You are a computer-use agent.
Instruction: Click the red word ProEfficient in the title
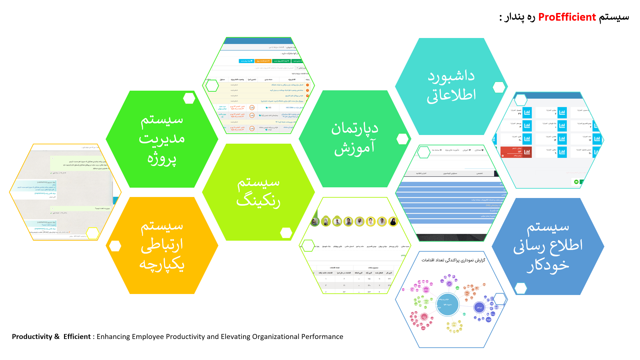tap(567, 17)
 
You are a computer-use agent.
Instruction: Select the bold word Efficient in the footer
tap(77, 337)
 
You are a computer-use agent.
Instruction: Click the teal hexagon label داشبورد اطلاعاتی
tap(451, 86)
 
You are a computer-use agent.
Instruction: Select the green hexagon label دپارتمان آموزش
tap(354, 138)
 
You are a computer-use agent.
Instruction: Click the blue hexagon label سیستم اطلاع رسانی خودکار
tap(548, 246)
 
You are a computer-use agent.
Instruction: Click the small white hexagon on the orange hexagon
tap(115, 246)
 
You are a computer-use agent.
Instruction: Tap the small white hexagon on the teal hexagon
tap(499, 87)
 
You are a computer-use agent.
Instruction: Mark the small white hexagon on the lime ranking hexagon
tap(286, 233)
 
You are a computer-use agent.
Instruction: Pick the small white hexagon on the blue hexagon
tap(521, 288)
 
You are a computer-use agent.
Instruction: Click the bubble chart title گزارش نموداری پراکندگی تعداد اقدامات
tap(453, 260)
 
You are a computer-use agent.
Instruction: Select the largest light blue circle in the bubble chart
tap(448, 304)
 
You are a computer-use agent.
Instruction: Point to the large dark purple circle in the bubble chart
tap(479, 307)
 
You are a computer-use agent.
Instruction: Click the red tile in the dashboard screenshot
tap(516, 152)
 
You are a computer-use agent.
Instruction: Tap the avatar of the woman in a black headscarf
tap(393, 221)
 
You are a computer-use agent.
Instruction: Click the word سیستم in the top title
tap(614, 17)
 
